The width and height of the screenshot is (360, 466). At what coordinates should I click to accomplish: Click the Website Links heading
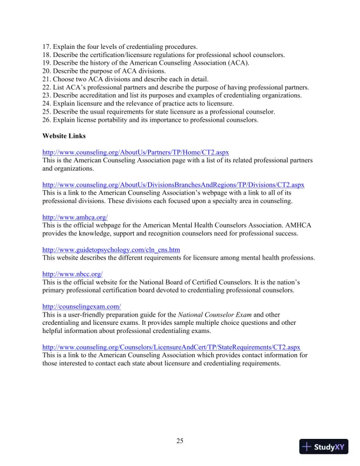(64, 135)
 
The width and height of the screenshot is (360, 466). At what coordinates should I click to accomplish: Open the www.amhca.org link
(75, 217)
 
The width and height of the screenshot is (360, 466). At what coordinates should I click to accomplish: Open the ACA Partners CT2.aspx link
(135, 152)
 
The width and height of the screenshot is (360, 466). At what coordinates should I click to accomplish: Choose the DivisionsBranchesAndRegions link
(173, 185)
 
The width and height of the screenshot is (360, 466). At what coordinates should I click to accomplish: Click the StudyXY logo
(322, 447)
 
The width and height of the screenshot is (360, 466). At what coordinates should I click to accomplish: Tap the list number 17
(46, 46)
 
